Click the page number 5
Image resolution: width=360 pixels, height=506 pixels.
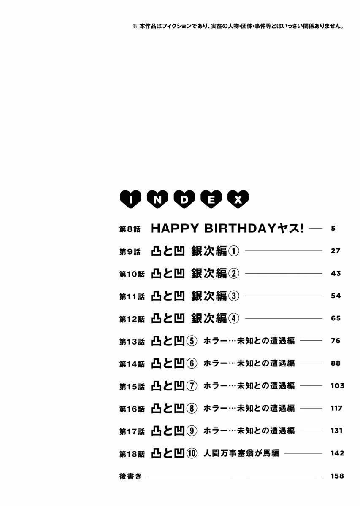pos(333,229)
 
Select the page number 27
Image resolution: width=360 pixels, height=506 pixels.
pos(335,251)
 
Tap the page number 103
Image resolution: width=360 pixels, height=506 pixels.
pos(338,386)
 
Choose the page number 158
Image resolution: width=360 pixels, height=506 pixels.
pos(338,476)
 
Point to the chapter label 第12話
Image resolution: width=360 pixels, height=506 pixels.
pos(132,319)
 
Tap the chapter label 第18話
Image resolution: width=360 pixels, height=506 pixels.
pos(132,454)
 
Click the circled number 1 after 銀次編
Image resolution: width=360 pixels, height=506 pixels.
pos(234,251)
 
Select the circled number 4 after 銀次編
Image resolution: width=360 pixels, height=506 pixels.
pos(234,318)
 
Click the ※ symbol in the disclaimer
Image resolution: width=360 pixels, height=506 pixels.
pos(135,26)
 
